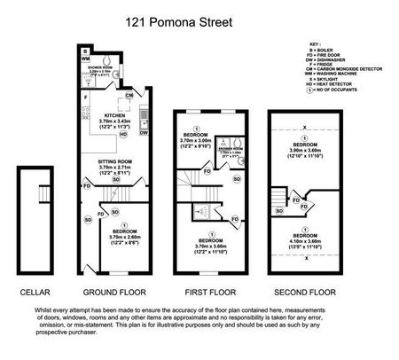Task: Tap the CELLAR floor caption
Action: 35,292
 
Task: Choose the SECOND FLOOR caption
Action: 306,292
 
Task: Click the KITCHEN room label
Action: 116,115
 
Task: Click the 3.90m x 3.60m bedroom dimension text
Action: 305,153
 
